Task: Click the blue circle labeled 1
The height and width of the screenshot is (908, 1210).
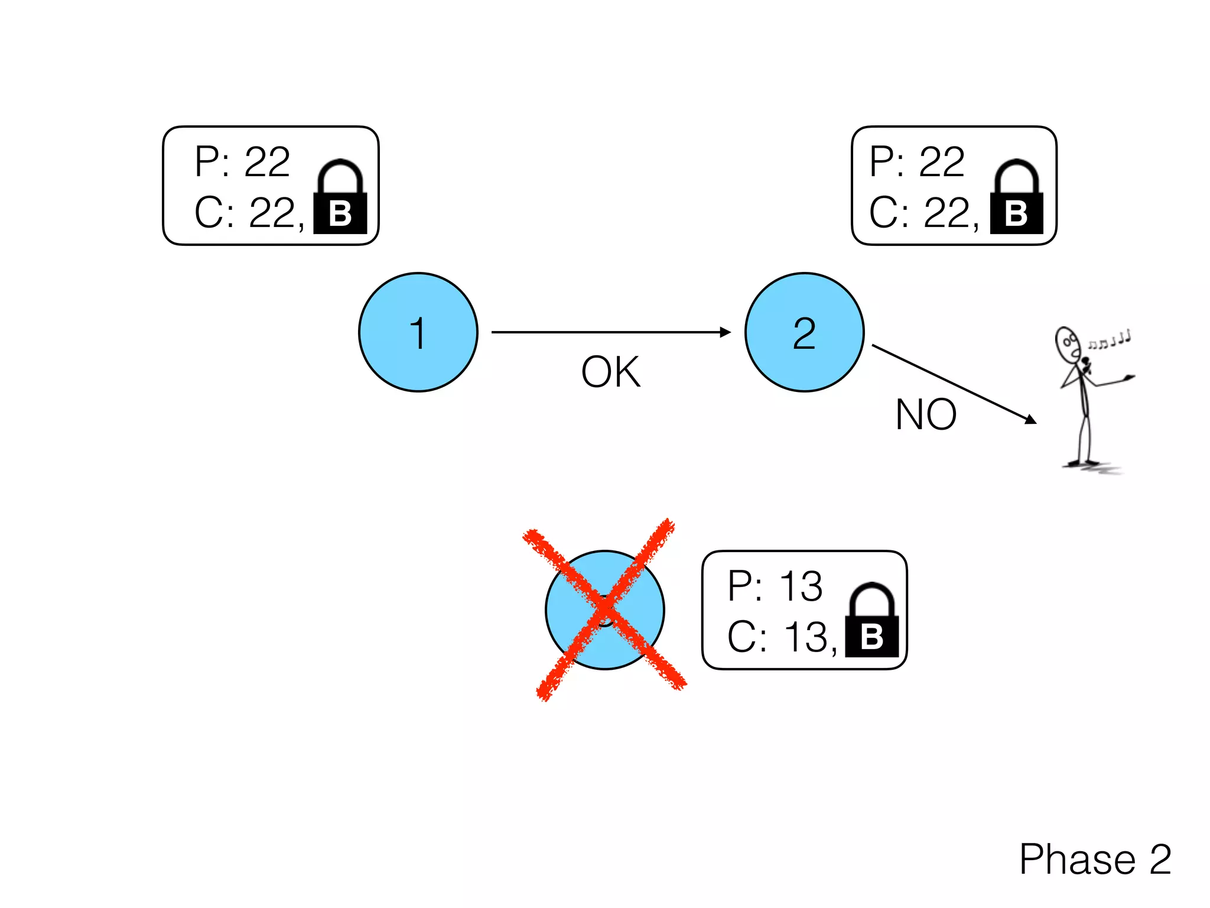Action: coord(418,332)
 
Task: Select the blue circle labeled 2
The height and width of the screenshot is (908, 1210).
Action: coord(804,332)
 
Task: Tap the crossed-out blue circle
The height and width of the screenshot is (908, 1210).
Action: coord(604,610)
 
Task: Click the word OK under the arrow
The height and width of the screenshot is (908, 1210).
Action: coord(610,372)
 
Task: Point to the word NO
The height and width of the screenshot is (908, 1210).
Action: coord(926,415)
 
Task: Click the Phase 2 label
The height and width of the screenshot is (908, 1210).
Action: coord(1095,859)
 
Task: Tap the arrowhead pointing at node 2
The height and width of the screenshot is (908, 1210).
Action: coord(726,332)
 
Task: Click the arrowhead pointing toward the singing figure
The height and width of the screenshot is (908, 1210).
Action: coord(1030,419)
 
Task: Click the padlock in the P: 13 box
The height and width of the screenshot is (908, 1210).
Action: coord(872,621)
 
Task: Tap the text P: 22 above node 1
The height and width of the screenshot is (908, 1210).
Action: coord(242,161)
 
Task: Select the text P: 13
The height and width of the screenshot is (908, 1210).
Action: coord(775,586)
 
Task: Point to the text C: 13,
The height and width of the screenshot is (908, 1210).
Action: coord(782,637)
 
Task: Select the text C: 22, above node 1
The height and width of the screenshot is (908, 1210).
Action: coord(249,213)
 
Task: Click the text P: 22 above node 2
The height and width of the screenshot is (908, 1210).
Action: coord(917,161)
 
